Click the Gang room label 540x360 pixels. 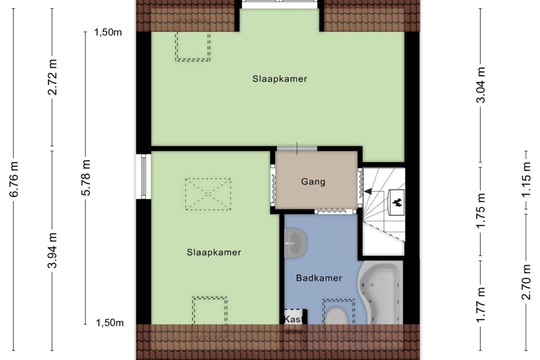pos(313,182)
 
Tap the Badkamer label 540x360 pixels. pos(319,278)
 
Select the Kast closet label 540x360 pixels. pos(293,319)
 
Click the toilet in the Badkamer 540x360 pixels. pos(338,316)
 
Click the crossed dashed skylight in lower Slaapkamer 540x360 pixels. pos(208,194)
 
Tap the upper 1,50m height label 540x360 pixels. pos(108,32)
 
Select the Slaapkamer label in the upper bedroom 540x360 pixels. pos(280,79)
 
